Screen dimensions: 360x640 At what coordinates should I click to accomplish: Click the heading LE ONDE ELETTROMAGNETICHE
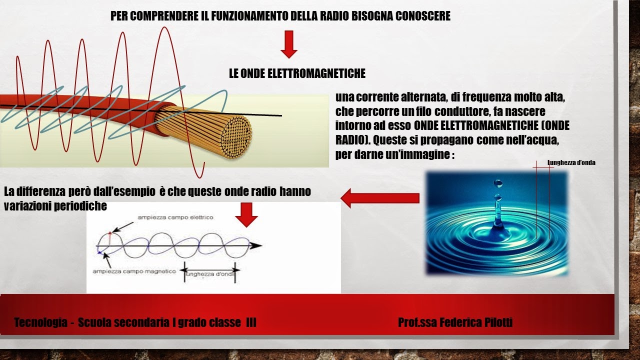(297, 74)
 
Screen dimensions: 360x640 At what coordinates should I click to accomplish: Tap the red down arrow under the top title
(289, 44)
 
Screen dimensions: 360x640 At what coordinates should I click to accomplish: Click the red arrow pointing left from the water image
(379, 198)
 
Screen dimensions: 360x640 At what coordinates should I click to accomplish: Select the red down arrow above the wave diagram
(246, 214)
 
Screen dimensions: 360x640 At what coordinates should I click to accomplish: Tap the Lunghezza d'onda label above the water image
(571, 162)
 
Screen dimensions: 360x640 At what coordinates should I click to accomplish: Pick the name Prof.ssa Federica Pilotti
(455, 322)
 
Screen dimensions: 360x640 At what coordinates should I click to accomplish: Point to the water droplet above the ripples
(497, 183)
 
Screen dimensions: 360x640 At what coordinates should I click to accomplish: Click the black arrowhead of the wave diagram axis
(256, 245)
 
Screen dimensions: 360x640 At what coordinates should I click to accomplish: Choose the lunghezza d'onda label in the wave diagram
(209, 274)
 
